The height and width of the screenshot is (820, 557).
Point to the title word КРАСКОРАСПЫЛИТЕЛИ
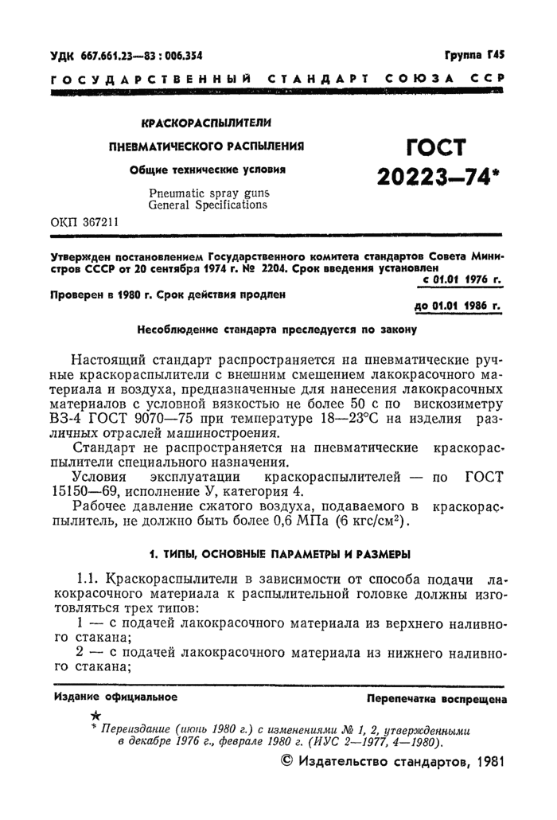click(206, 125)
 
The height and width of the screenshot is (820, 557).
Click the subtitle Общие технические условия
click(207, 169)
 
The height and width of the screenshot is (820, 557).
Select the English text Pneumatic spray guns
click(209, 192)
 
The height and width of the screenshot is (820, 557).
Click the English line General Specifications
click(209, 205)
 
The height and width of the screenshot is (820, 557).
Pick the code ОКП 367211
click(84, 222)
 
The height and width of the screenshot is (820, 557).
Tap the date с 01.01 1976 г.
click(460, 280)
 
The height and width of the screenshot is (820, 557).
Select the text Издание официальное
click(115, 697)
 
